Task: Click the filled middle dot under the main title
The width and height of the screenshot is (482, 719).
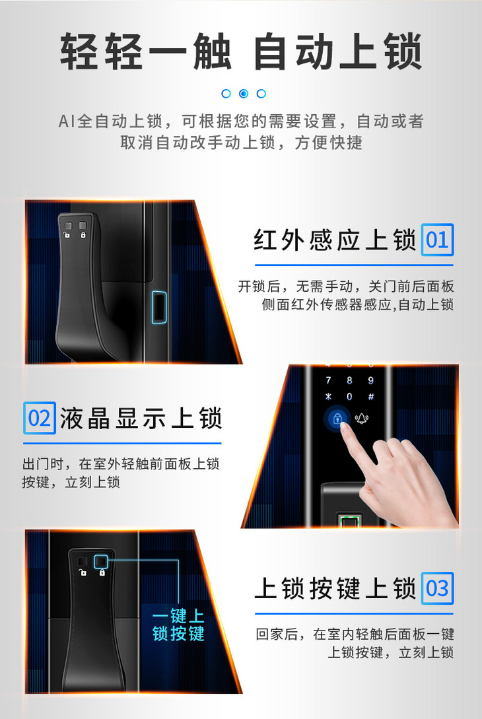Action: [x=244, y=94]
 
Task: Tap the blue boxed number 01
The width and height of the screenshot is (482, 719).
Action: [x=437, y=240]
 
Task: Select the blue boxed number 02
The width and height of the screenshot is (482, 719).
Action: [x=40, y=418]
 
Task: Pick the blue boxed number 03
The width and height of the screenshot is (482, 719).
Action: [x=437, y=588]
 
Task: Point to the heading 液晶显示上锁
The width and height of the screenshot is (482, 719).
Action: [x=141, y=418]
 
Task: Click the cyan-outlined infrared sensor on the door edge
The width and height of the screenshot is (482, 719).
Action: [x=158, y=307]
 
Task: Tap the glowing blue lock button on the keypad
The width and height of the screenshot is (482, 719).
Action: [x=337, y=419]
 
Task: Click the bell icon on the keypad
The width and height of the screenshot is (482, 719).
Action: [x=361, y=418]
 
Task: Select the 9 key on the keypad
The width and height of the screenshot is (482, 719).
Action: [x=371, y=380]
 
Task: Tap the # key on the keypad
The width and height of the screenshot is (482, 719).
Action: [x=371, y=397]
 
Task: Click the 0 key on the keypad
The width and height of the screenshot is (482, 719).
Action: [x=349, y=397]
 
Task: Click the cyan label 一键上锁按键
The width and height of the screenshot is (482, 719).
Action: [x=178, y=625]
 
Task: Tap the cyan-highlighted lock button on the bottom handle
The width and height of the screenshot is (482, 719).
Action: [x=101, y=562]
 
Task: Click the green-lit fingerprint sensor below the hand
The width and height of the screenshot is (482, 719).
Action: [x=349, y=520]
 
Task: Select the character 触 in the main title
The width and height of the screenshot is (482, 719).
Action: [x=212, y=51]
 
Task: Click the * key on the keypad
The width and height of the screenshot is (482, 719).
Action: [x=328, y=397]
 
